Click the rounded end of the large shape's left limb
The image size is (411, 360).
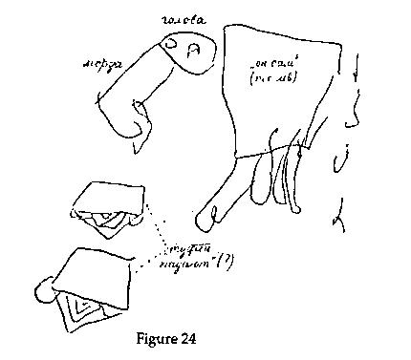202,221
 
